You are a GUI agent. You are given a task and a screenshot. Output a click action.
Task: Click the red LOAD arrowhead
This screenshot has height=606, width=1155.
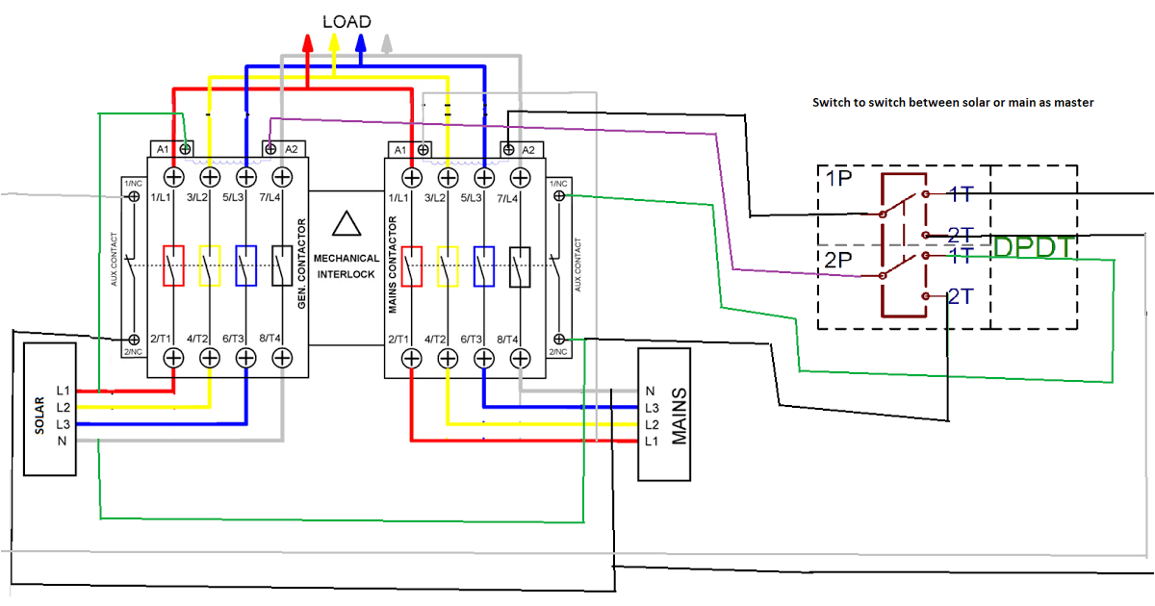pyautogui.click(x=308, y=42)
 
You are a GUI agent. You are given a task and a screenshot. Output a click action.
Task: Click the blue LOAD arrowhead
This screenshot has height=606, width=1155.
pyautogui.click(x=361, y=42)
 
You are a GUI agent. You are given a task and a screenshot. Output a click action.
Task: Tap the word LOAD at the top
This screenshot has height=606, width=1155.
pyautogui.click(x=346, y=21)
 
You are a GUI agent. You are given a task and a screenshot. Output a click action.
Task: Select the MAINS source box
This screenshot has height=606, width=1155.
pyautogui.click(x=665, y=416)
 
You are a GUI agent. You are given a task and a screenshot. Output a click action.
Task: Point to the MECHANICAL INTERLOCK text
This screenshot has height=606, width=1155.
pyautogui.click(x=346, y=265)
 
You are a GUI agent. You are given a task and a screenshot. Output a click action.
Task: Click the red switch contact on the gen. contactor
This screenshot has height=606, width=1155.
pyautogui.click(x=174, y=266)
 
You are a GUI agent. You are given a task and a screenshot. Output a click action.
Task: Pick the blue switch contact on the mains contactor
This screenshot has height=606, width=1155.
pyautogui.click(x=484, y=266)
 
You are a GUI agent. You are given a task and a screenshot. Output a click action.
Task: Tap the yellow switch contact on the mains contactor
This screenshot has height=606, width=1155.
pyautogui.click(x=448, y=266)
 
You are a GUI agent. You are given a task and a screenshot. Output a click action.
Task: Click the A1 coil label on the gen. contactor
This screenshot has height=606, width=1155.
pyautogui.click(x=163, y=149)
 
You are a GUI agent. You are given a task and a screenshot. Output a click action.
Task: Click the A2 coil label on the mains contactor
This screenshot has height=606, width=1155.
pyautogui.click(x=527, y=149)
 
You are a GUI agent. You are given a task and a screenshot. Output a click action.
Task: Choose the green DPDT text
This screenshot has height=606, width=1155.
pyautogui.click(x=1034, y=247)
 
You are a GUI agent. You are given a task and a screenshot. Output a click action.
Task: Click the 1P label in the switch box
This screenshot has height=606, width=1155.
pyautogui.click(x=838, y=179)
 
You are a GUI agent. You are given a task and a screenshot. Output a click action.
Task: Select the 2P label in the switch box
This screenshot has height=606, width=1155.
pyautogui.click(x=838, y=260)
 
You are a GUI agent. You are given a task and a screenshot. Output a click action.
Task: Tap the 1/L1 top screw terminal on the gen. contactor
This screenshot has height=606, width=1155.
pyautogui.click(x=174, y=177)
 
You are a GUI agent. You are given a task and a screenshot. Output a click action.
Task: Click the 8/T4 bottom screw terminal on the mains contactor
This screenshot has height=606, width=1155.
pyautogui.click(x=521, y=358)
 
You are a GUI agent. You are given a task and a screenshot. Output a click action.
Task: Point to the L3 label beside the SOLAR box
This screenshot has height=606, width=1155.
pyautogui.click(x=64, y=424)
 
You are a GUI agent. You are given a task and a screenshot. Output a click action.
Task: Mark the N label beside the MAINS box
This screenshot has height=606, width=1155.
pyautogui.click(x=651, y=391)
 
